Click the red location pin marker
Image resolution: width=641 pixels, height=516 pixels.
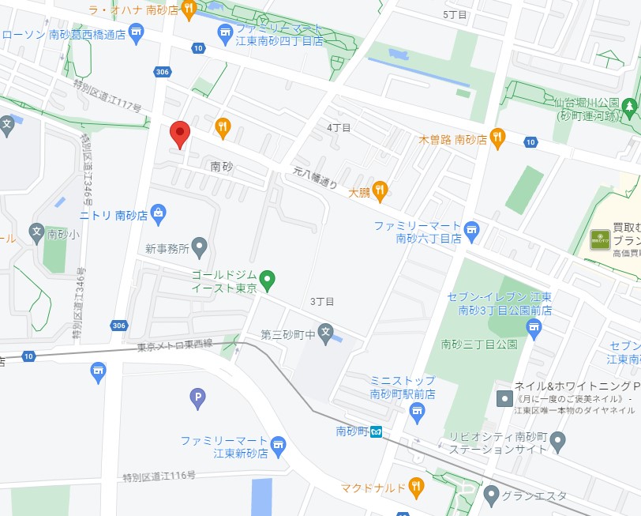click(181, 134)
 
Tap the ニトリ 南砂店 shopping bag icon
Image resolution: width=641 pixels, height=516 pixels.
click(159, 213)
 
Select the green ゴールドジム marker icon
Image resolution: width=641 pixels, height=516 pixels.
click(268, 279)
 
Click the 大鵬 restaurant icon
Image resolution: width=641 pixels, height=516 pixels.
click(380, 189)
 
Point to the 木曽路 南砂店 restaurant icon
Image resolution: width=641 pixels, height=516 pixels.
click(497, 138)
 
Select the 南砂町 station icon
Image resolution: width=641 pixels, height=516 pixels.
click(377, 431)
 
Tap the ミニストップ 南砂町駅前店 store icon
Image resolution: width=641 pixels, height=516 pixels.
click(418, 411)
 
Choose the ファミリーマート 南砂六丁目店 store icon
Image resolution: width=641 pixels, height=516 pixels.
click(472, 232)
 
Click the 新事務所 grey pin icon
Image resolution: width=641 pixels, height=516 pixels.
click(200, 248)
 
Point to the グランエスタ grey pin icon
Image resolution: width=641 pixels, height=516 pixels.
click(491, 495)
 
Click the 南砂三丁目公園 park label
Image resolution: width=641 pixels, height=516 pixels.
click(479, 345)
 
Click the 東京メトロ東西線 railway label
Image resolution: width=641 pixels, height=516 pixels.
click(176, 347)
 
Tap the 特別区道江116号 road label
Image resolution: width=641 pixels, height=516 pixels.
click(159, 476)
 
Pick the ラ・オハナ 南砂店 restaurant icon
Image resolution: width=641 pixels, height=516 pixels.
click(189, 9)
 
